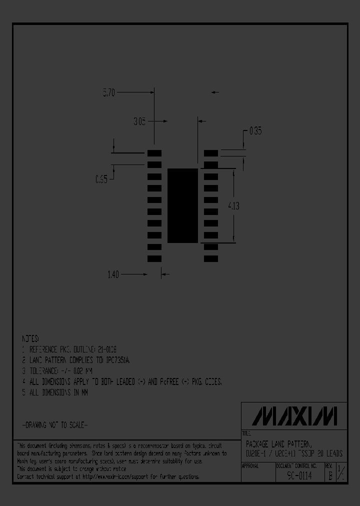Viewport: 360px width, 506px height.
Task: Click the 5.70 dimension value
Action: [108, 92]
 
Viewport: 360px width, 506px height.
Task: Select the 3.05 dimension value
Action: [139, 121]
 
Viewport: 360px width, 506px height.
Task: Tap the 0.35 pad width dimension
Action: [255, 131]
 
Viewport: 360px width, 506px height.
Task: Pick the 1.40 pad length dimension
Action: [113, 274]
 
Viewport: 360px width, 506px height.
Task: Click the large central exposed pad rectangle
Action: [182, 205]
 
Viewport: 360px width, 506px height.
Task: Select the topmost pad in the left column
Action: [154, 152]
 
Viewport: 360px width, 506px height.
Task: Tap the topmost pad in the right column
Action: [210, 152]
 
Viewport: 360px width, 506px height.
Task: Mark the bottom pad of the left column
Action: [154, 258]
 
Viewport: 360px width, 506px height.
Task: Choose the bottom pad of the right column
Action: [210, 258]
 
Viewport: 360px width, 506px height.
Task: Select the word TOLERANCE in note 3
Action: [48, 371]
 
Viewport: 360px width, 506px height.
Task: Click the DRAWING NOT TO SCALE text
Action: [55, 424]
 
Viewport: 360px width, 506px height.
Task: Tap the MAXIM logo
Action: [294, 416]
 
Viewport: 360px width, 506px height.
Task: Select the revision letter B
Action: [329, 476]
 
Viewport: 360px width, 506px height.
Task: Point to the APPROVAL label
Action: [250, 465]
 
